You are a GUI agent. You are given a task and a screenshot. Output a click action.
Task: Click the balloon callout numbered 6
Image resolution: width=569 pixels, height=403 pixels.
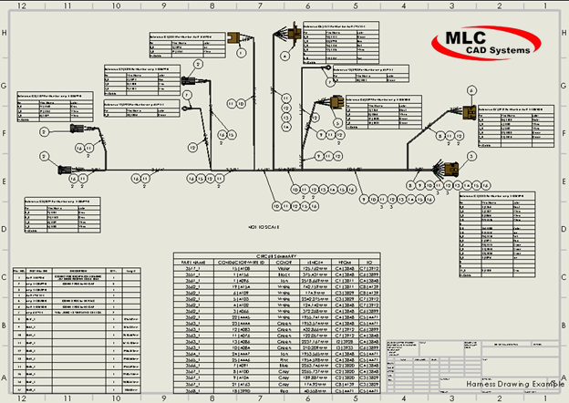pyautogui.click(x=471, y=89)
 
